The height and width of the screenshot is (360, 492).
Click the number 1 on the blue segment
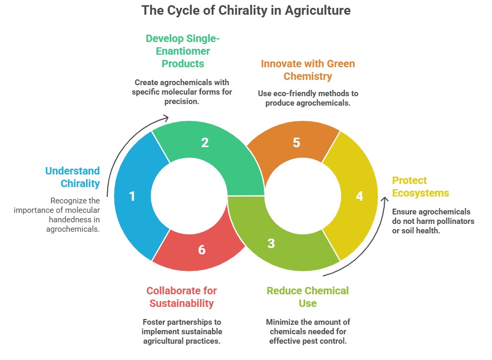132,196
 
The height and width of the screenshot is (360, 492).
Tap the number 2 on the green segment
205,142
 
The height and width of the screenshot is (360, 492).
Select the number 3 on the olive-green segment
271,243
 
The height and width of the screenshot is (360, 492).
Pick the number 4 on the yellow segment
360,196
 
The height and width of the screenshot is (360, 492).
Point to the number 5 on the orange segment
296,142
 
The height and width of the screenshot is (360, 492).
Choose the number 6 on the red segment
202,250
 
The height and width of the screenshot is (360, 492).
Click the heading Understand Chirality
73,177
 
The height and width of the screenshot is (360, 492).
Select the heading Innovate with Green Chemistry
308,70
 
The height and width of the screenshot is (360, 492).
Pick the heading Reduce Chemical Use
307,297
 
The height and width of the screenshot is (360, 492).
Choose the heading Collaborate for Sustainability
181,297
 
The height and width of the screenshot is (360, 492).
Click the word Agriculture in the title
318,11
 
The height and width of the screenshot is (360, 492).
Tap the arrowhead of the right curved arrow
385,201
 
